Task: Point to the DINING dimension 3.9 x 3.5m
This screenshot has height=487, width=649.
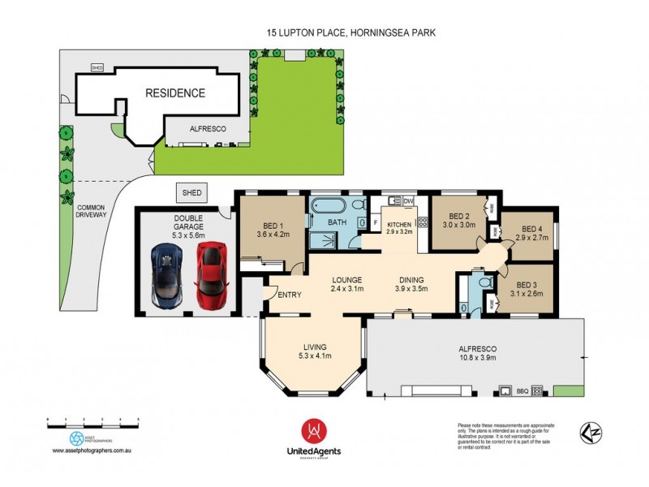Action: (410, 289)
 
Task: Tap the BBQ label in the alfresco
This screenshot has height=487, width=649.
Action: (523, 390)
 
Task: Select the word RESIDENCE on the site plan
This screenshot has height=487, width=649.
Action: (174, 93)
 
